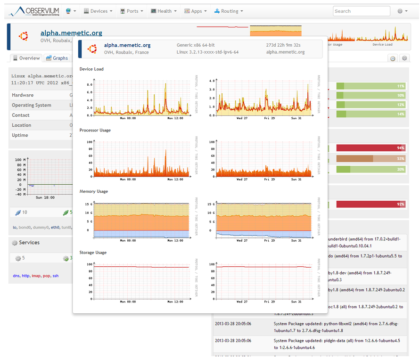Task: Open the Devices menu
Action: coord(98,11)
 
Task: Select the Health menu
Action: coord(164,11)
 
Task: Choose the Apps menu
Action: coord(196,11)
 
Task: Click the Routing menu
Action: coord(229,11)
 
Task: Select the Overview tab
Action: coord(26,58)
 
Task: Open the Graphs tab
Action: coord(57,58)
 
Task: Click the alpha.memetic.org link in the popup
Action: coord(127,45)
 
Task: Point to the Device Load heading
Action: coord(91,69)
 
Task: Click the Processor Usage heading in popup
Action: coord(95,130)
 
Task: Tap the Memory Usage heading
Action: coord(93,191)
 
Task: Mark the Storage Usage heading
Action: coord(93,253)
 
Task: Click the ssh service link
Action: coord(56,276)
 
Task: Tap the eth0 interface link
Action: coord(56,227)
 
